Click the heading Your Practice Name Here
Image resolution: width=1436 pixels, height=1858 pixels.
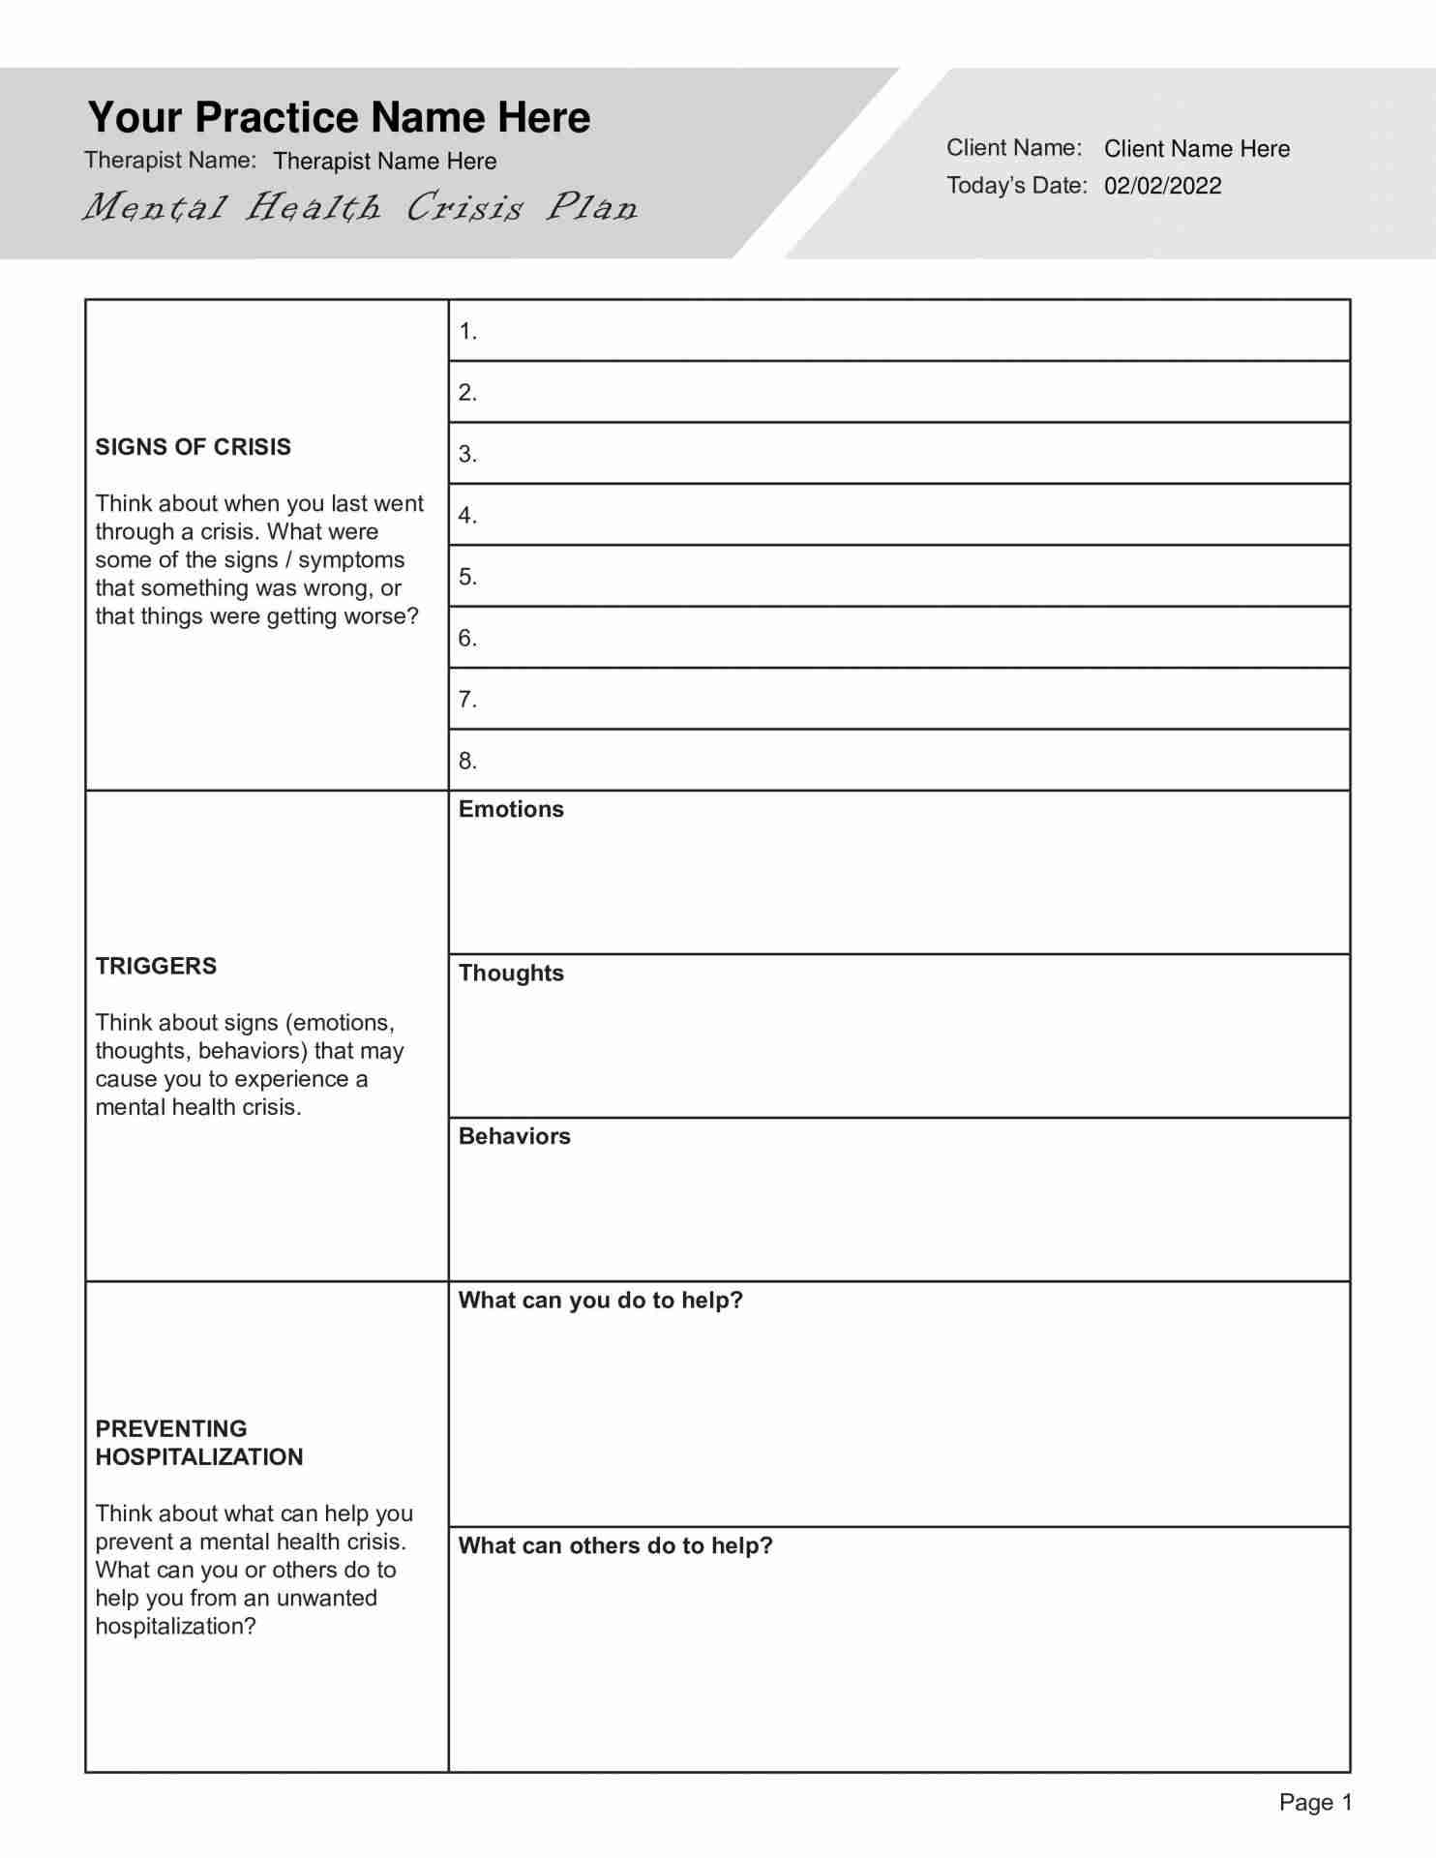coord(339,117)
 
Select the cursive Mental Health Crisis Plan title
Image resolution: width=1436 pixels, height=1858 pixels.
coord(360,207)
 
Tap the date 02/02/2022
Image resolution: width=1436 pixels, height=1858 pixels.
coord(1162,186)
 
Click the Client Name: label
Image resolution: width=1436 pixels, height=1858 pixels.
coord(1013,148)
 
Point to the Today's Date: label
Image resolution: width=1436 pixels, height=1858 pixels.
coord(1016,185)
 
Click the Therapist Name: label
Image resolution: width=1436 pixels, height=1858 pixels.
coord(170,160)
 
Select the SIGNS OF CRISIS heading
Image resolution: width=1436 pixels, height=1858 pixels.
coord(193,447)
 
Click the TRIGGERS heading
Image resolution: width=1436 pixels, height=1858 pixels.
coord(156,966)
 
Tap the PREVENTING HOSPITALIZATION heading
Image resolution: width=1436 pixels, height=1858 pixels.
coord(198,1442)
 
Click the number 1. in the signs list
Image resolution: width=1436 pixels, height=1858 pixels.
coord(467,332)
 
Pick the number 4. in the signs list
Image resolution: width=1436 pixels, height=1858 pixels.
coord(467,516)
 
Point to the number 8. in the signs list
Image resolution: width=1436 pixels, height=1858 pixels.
coord(467,761)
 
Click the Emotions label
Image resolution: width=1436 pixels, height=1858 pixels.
coord(511,809)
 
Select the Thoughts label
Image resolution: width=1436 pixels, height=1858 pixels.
coord(511,973)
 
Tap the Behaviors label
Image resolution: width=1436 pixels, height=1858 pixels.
coord(514,1136)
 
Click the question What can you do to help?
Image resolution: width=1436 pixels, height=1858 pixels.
coord(600,1300)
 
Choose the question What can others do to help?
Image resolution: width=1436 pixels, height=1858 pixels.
coord(615,1545)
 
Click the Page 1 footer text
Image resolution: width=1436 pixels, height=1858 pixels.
coord(1315,1802)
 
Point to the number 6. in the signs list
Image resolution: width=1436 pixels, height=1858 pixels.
coord(467,638)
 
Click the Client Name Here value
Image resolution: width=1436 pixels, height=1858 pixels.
coord(1196,149)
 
